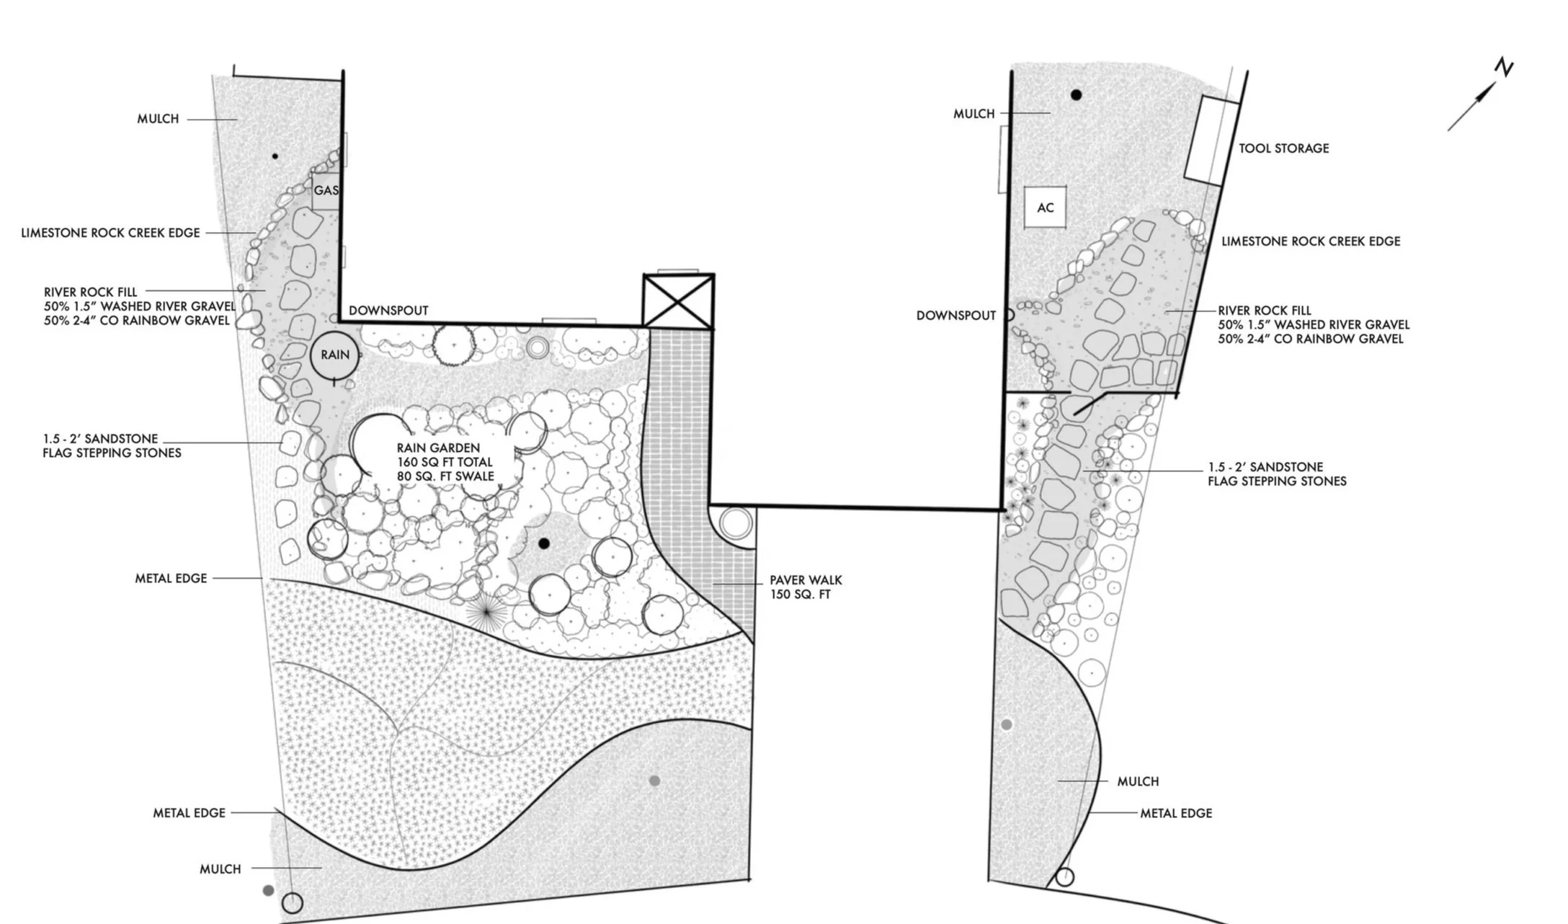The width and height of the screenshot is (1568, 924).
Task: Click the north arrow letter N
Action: tap(1504, 68)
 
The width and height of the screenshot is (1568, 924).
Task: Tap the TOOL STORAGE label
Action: tap(1283, 148)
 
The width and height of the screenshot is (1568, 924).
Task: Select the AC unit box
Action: tap(1045, 208)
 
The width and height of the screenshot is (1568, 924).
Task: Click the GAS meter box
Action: tap(326, 191)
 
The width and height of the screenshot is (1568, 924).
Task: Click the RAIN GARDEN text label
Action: tap(437, 448)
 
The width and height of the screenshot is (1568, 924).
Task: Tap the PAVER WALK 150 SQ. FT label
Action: tap(805, 587)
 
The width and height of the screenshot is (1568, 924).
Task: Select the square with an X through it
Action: tap(678, 301)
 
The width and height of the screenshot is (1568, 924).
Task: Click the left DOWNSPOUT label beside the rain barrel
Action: tap(388, 311)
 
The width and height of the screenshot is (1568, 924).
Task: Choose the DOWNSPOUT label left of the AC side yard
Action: tap(955, 316)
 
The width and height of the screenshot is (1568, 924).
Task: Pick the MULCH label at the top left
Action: tap(158, 119)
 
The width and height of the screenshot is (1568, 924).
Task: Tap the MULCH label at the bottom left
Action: tap(220, 869)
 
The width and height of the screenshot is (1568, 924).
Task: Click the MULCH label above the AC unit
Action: tap(974, 114)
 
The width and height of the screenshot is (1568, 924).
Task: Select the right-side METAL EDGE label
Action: tap(1175, 813)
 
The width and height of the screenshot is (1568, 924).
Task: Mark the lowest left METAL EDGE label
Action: tap(189, 813)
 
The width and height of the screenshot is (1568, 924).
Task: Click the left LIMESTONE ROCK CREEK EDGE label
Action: tap(110, 233)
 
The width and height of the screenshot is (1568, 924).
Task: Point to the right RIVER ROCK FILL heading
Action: tap(1264, 311)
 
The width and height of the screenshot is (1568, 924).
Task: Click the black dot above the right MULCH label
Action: tap(1076, 94)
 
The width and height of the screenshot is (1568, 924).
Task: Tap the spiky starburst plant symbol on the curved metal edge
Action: tap(486, 612)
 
